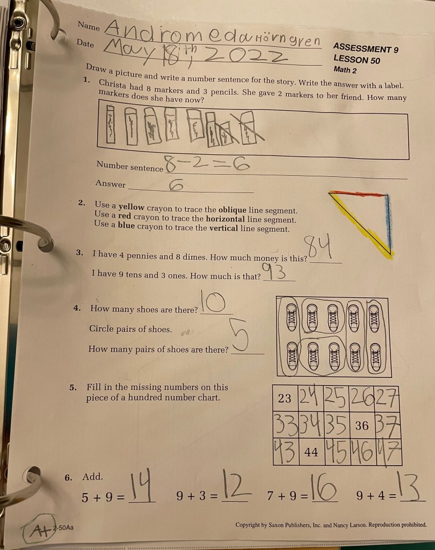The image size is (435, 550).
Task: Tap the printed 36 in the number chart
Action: pyautogui.click(x=362, y=425)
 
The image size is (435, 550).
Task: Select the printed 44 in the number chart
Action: pyautogui.click(x=311, y=452)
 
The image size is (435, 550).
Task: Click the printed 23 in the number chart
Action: pyautogui.click(x=285, y=398)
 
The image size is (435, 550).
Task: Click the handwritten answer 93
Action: pyautogui.click(x=274, y=272)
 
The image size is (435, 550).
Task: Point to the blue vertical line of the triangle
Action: pyautogui.click(x=388, y=222)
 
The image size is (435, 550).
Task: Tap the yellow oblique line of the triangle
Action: pyautogui.click(x=361, y=225)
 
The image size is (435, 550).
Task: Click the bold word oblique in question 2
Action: pyautogui.click(x=232, y=210)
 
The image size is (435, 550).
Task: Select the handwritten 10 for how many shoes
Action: pyautogui.click(x=213, y=301)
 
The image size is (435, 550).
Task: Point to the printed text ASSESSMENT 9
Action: pyautogui.click(x=366, y=48)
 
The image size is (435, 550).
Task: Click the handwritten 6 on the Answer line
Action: pyautogui.click(x=176, y=185)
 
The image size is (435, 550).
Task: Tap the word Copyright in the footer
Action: pyautogui.click(x=248, y=525)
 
